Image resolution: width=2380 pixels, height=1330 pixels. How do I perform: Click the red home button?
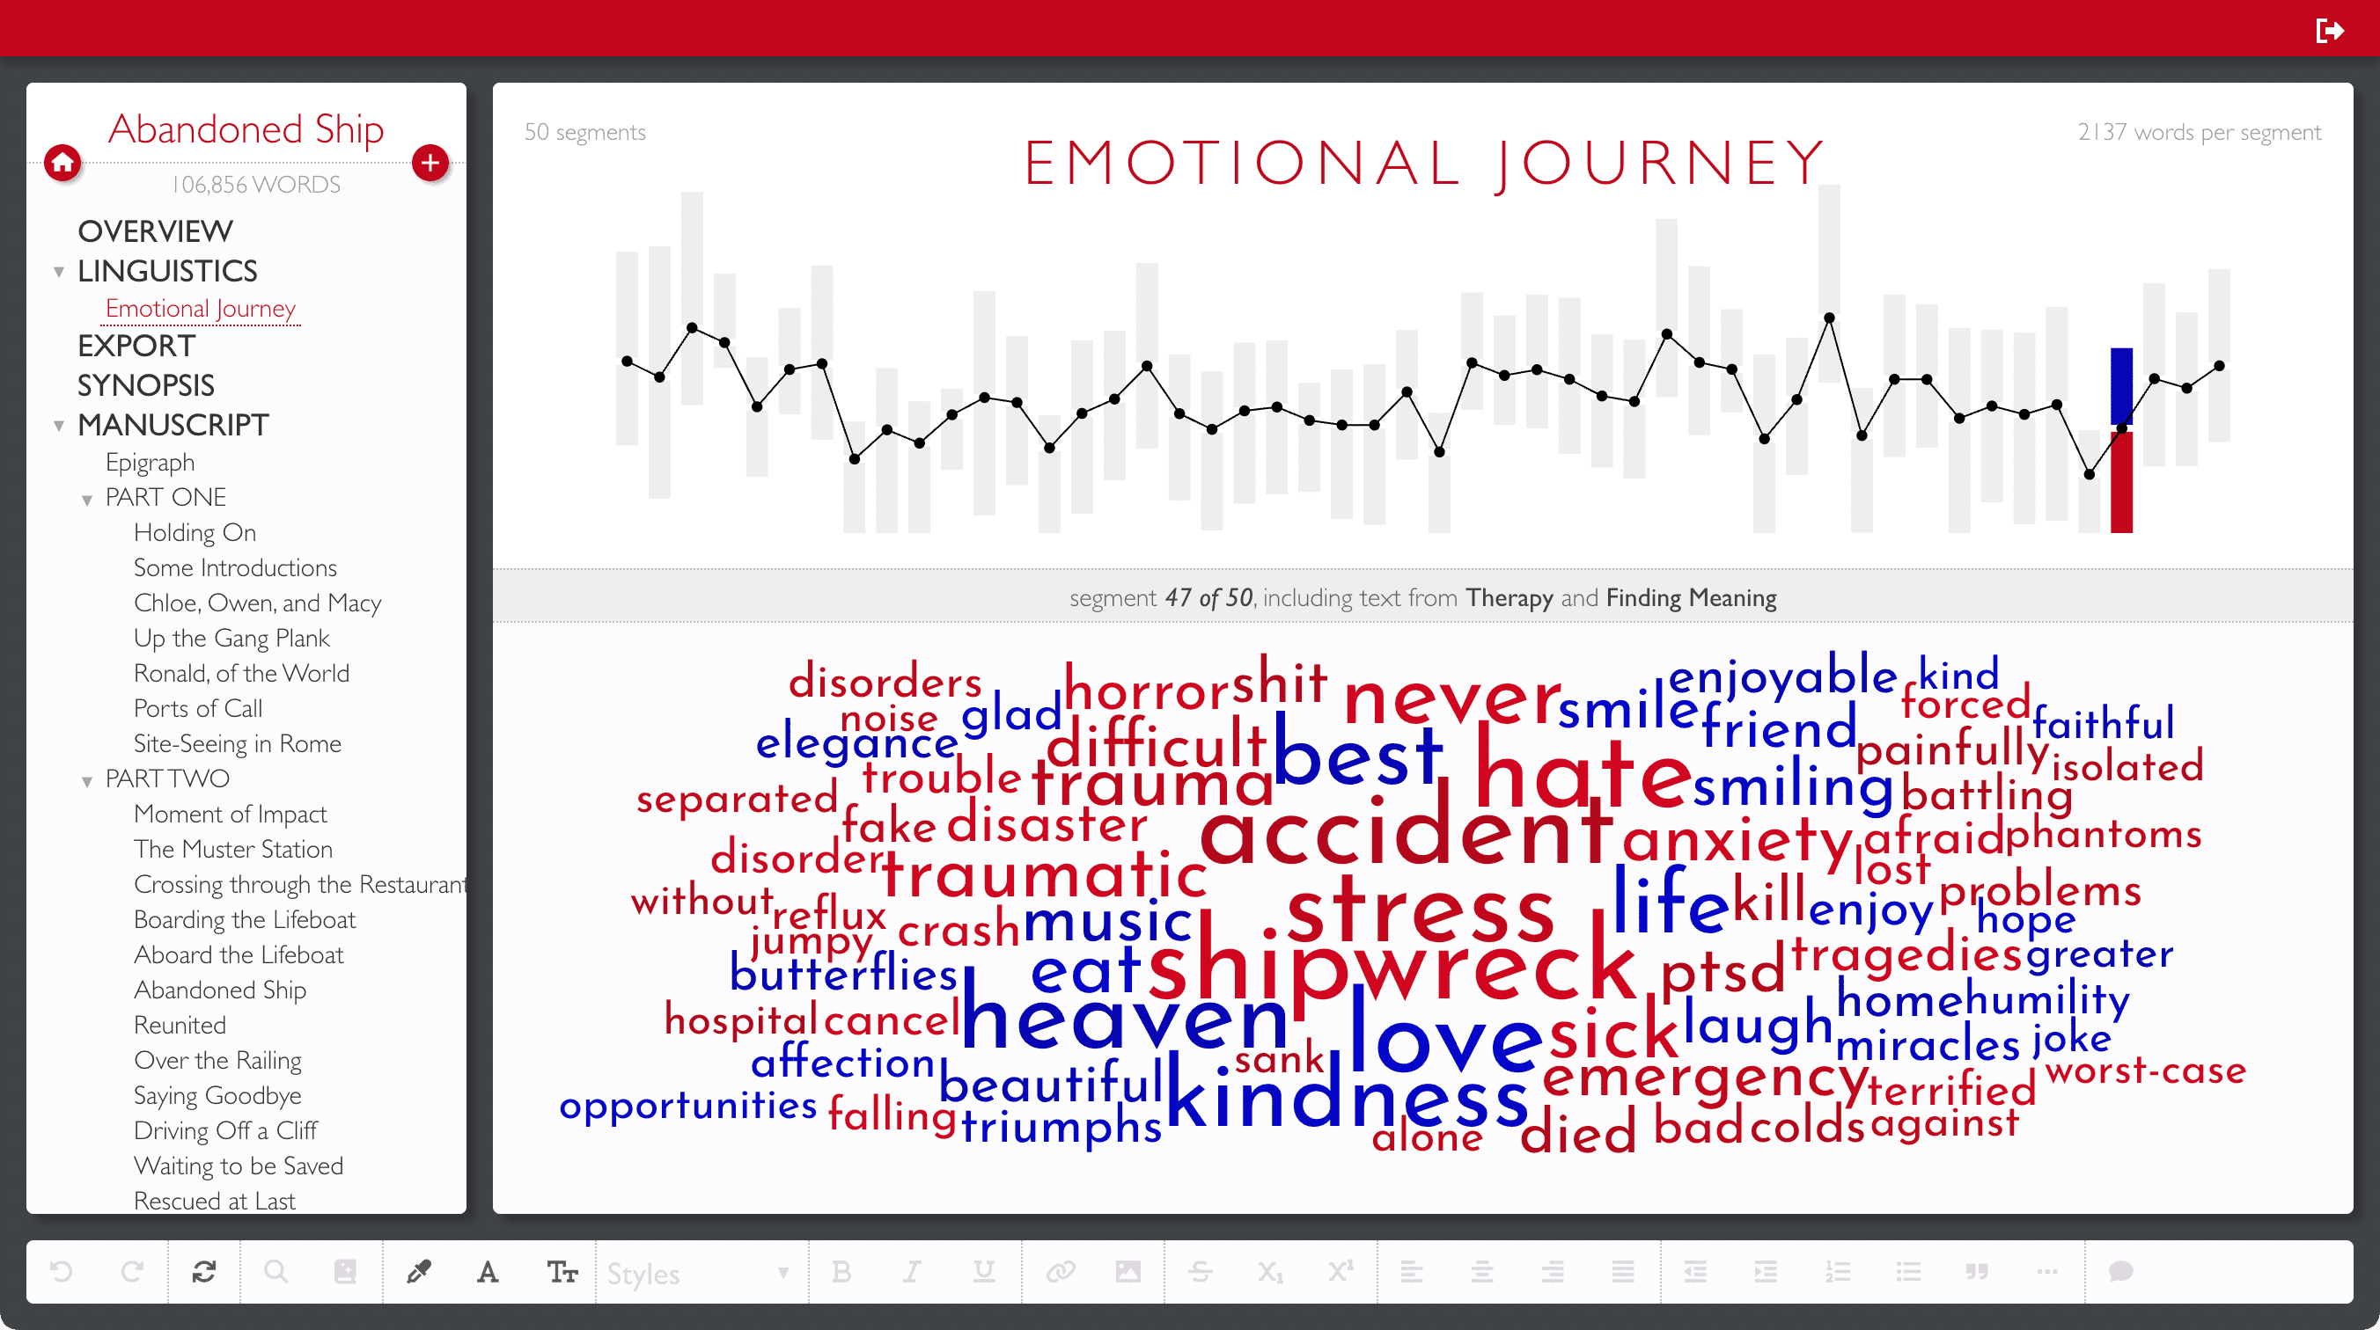click(x=62, y=164)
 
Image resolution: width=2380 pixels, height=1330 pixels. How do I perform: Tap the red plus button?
click(x=430, y=164)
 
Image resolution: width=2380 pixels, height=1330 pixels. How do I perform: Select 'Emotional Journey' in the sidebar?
click(x=201, y=309)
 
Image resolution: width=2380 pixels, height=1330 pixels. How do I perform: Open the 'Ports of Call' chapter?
click(x=198, y=708)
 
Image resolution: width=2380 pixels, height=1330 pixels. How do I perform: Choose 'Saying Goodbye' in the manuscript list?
click(x=217, y=1095)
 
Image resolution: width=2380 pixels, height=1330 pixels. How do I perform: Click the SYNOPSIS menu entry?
click(x=146, y=385)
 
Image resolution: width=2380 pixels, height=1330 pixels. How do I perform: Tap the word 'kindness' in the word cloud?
click(x=1347, y=1095)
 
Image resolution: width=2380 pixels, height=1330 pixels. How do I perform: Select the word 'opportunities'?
click(x=688, y=1106)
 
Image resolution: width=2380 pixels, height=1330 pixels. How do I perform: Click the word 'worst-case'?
click(x=2145, y=1071)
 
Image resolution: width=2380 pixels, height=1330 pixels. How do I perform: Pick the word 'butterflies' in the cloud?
click(x=843, y=974)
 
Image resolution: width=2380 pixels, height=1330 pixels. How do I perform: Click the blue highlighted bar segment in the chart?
click(x=2121, y=386)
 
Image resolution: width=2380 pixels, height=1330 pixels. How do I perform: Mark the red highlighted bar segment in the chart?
click(x=2121, y=480)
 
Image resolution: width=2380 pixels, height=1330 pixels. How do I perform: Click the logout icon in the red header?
click(x=2328, y=31)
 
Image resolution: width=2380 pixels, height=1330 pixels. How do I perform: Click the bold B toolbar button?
click(x=841, y=1273)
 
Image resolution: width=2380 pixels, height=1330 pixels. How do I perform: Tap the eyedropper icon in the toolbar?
click(x=419, y=1273)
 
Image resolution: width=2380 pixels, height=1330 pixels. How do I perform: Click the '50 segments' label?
click(x=584, y=132)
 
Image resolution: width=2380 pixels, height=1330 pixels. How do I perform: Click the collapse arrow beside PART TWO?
click(x=87, y=781)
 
